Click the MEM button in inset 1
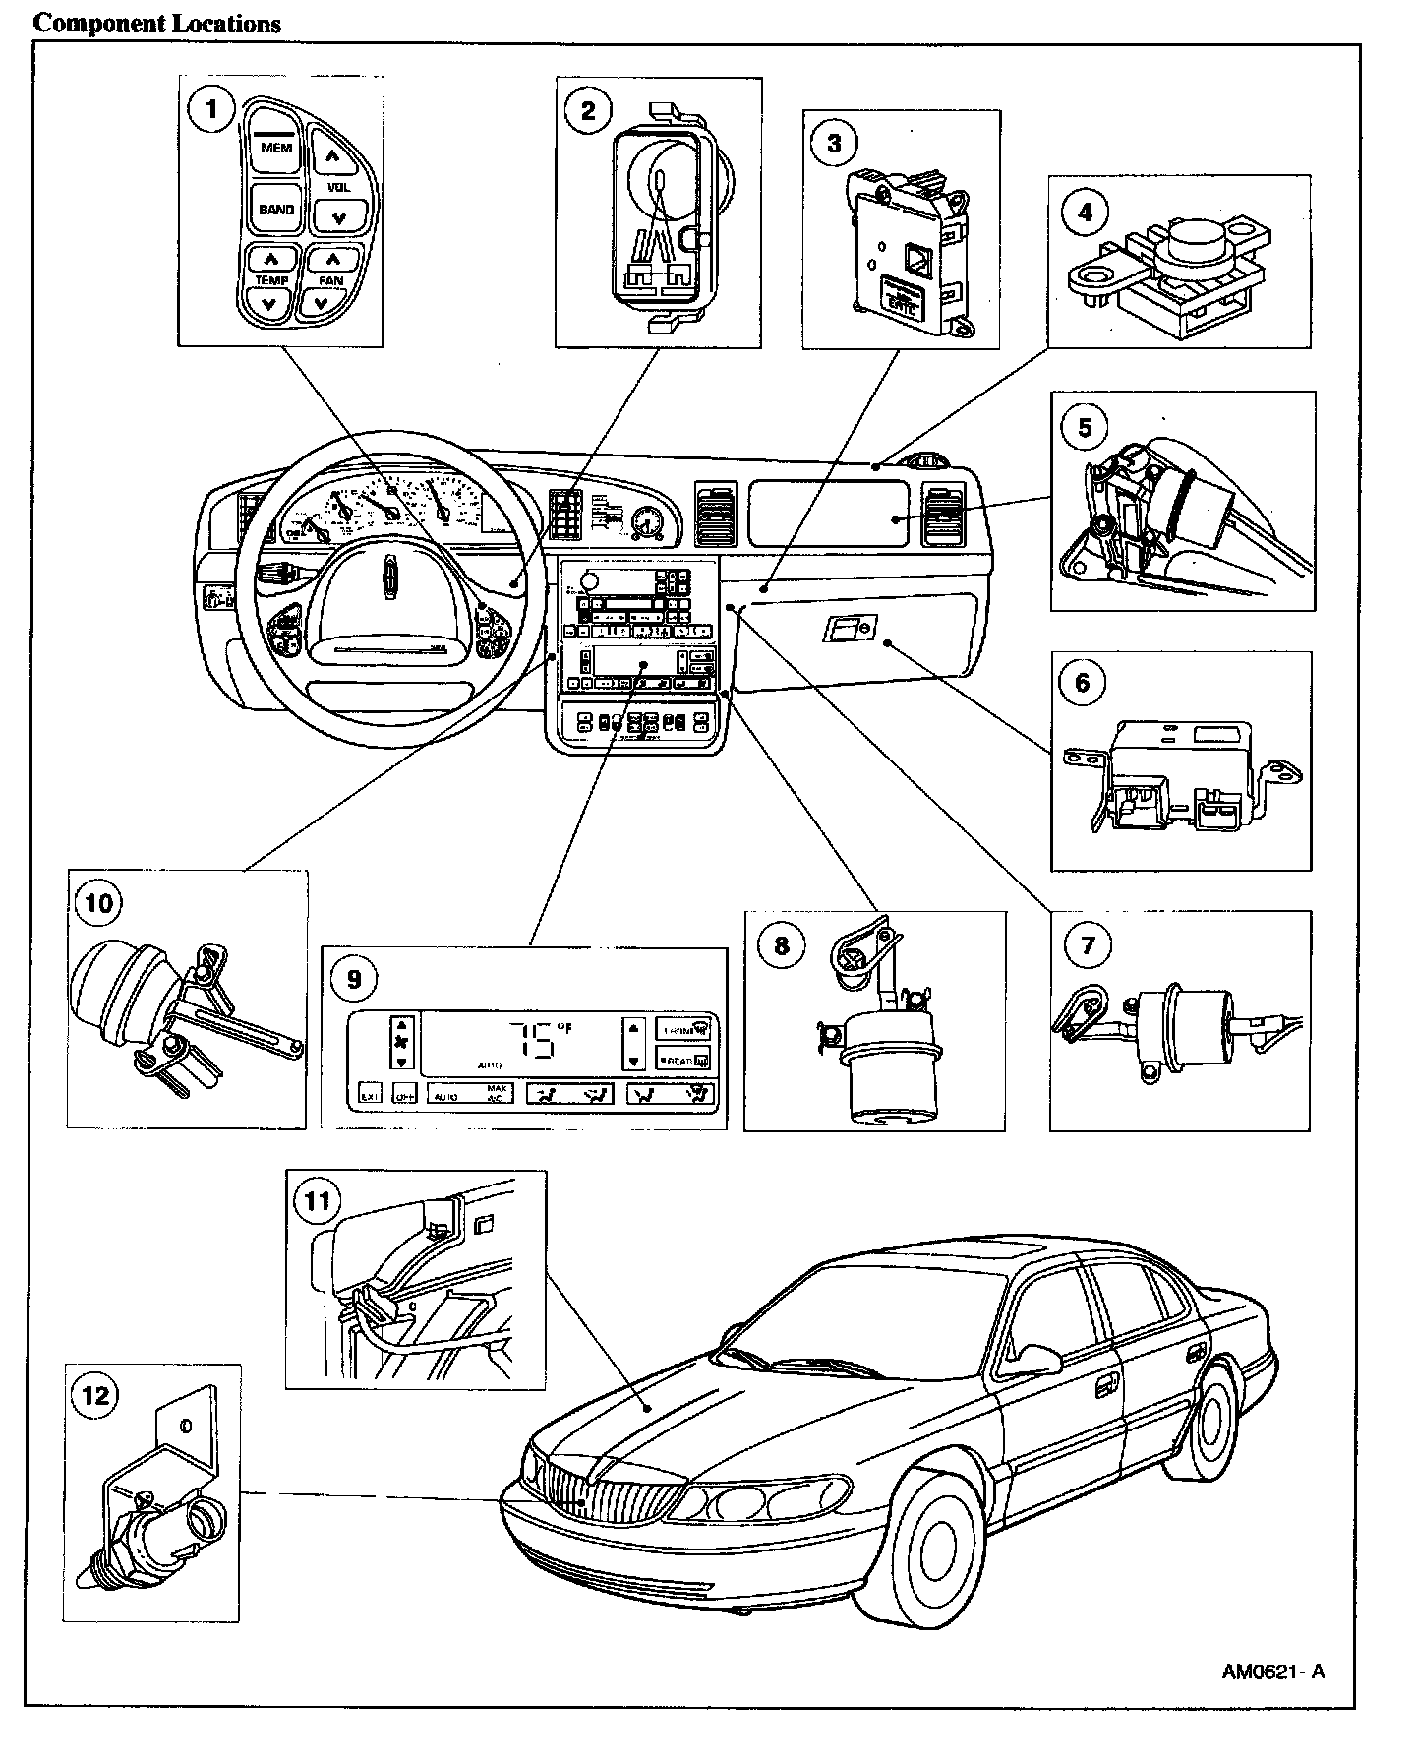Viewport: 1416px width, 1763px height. (276, 149)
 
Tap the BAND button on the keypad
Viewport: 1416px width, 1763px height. (276, 210)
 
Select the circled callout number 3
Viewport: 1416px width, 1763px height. (834, 144)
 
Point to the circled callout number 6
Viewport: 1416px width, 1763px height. (1086, 212)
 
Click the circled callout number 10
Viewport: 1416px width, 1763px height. (99, 902)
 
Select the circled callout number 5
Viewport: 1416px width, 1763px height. (1086, 427)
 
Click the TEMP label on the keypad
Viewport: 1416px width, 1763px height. (271, 281)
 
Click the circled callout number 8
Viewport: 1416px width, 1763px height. (782, 945)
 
